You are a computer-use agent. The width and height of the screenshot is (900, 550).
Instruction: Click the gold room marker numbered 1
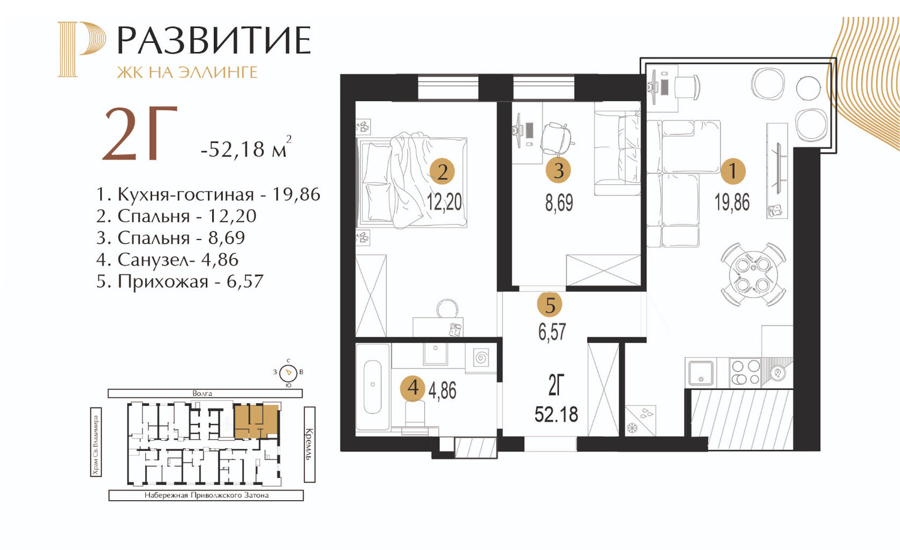click(x=732, y=171)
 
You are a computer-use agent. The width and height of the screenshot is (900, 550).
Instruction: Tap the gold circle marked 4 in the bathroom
click(x=412, y=388)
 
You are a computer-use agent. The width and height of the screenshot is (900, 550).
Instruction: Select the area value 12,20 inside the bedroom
click(x=444, y=202)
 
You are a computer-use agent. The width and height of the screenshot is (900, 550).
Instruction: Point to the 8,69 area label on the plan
click(x=559, y=203)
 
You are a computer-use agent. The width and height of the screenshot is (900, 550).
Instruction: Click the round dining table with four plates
click(x=754, y=275)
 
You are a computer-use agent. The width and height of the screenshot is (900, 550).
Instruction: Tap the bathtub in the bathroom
click(x=372, y=387)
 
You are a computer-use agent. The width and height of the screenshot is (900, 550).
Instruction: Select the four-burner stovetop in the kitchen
click(x=745, y=372)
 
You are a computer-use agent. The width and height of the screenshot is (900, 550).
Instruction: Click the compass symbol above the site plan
click(x=288, y=373)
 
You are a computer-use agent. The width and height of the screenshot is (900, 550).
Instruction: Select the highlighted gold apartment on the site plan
click(x=256, y=421)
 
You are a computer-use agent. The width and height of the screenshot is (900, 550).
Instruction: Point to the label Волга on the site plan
click(x=202, y=393)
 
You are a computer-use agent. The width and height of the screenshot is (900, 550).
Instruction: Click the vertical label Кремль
click(x=309, y=444)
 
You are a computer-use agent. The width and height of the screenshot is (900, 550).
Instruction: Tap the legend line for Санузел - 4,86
click(x=167, y=260)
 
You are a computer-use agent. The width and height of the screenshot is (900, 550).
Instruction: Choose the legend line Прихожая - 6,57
click(x=179, y=281)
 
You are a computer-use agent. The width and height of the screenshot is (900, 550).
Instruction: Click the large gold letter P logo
click(x=81, y=49)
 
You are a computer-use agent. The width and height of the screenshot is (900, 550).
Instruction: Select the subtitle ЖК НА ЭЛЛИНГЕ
click(x=187, y=72)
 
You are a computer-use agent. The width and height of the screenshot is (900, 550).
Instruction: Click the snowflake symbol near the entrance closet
click(x=632, y=428)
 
